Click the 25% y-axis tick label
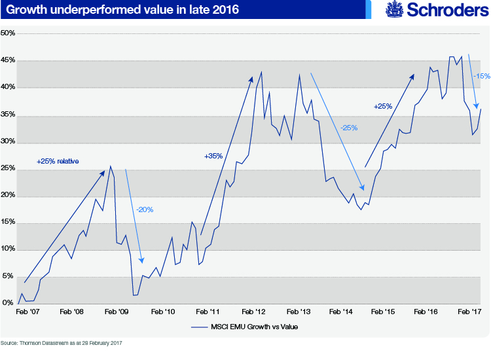pos(9,169)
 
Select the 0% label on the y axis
pos(7,304)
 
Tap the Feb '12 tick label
pos(253,313)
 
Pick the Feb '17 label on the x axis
pos(469,313)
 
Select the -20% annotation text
pos(144,209)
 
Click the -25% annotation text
pos(348,128)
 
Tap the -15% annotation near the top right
pos(481,77)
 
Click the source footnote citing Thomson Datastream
pos(62,342)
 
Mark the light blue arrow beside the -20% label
pos(134,216)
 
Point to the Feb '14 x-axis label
pos(342,313)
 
